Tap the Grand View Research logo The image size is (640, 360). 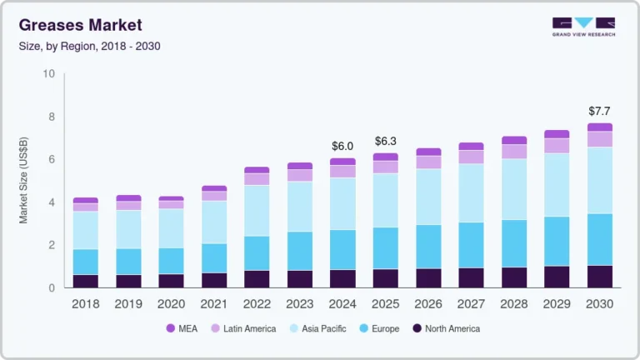pos(583,27)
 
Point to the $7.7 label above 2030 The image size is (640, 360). pos(600,111)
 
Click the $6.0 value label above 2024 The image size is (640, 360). pos(342,146)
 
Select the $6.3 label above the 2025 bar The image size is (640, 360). pos(385,141)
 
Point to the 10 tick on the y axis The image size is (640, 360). pos(49,74)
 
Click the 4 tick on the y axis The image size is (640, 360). pos(52,202)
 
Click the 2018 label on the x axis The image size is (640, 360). pos(85,304)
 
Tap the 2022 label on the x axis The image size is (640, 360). pos(257,304)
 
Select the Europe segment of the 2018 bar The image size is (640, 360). pos(85,262)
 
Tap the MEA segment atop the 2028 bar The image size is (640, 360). pos(514,140)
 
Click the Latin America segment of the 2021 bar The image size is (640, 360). pos(214,196)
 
